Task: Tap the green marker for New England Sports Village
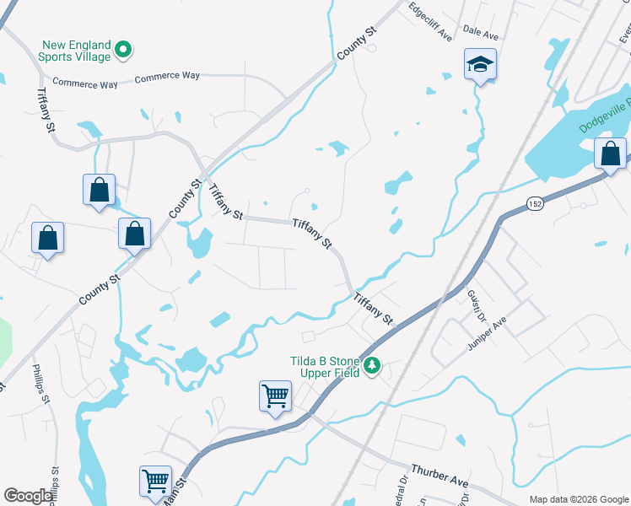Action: point(123,50)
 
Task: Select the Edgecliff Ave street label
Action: point(430,22)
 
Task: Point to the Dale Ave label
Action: point(482,32)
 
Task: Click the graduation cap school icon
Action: point(480,65)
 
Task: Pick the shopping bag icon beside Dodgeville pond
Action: point(610,154)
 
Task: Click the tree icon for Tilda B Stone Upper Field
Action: point(372,366)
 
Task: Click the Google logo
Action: point(28,496)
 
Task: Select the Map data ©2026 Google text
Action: point(578,499)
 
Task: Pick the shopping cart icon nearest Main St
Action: point(156,481)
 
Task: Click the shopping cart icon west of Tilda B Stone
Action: point(275,396)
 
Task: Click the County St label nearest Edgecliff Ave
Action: point(356,42)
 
